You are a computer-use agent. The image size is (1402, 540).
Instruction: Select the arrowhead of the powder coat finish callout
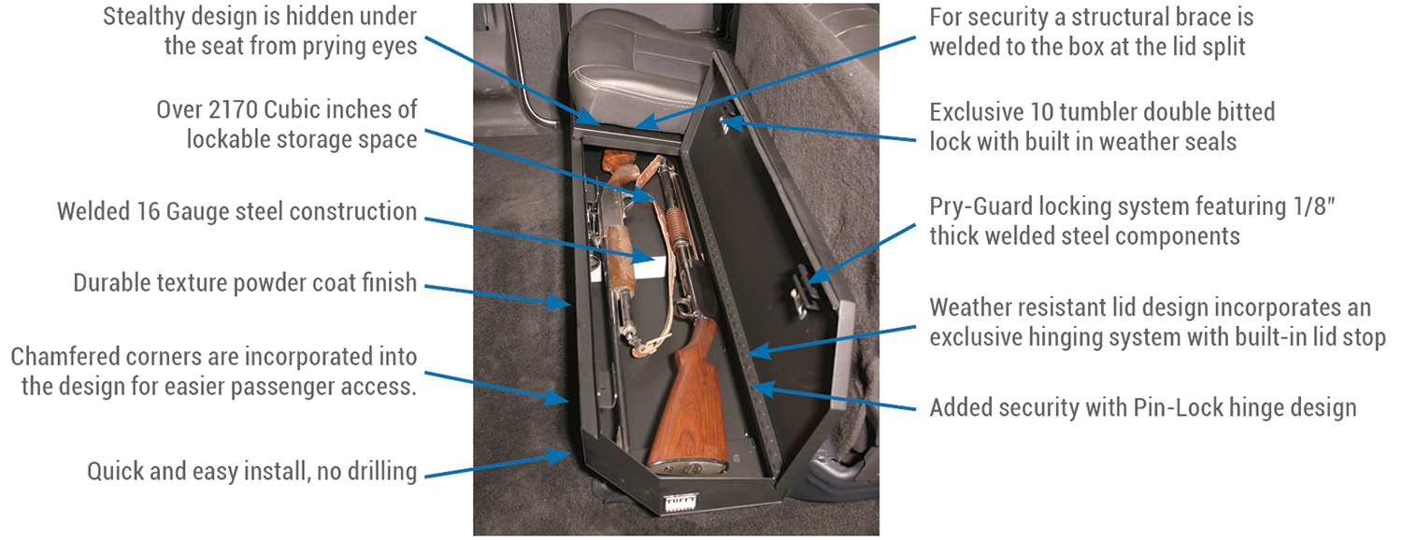(x=558, y=303)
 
